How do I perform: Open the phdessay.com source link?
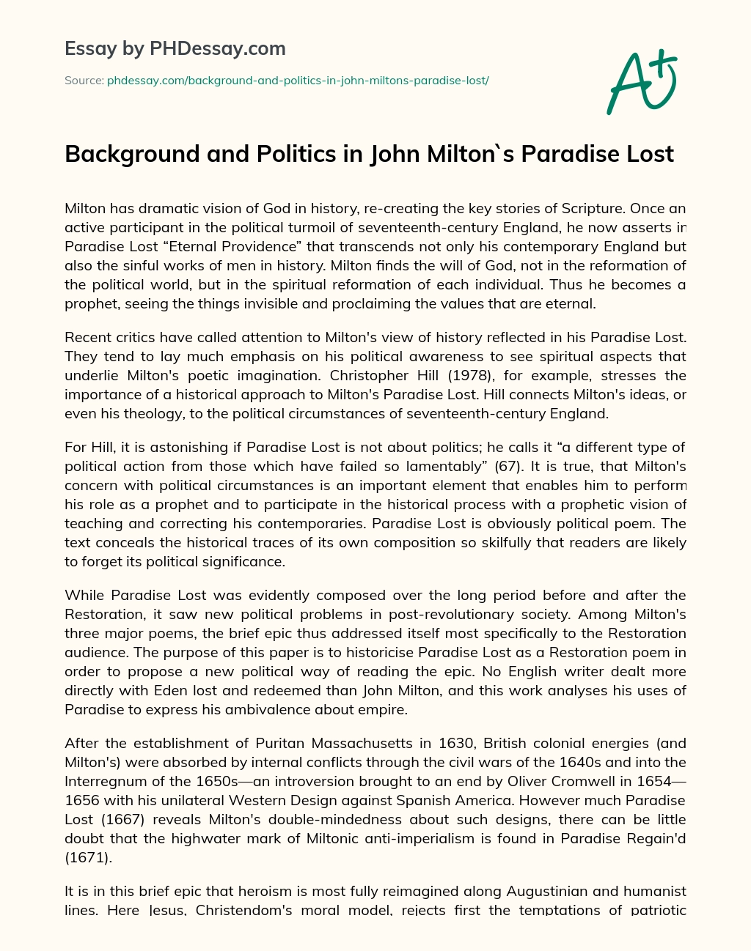(x=298, y=81)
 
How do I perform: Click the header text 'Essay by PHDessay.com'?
(x=175, y=49)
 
